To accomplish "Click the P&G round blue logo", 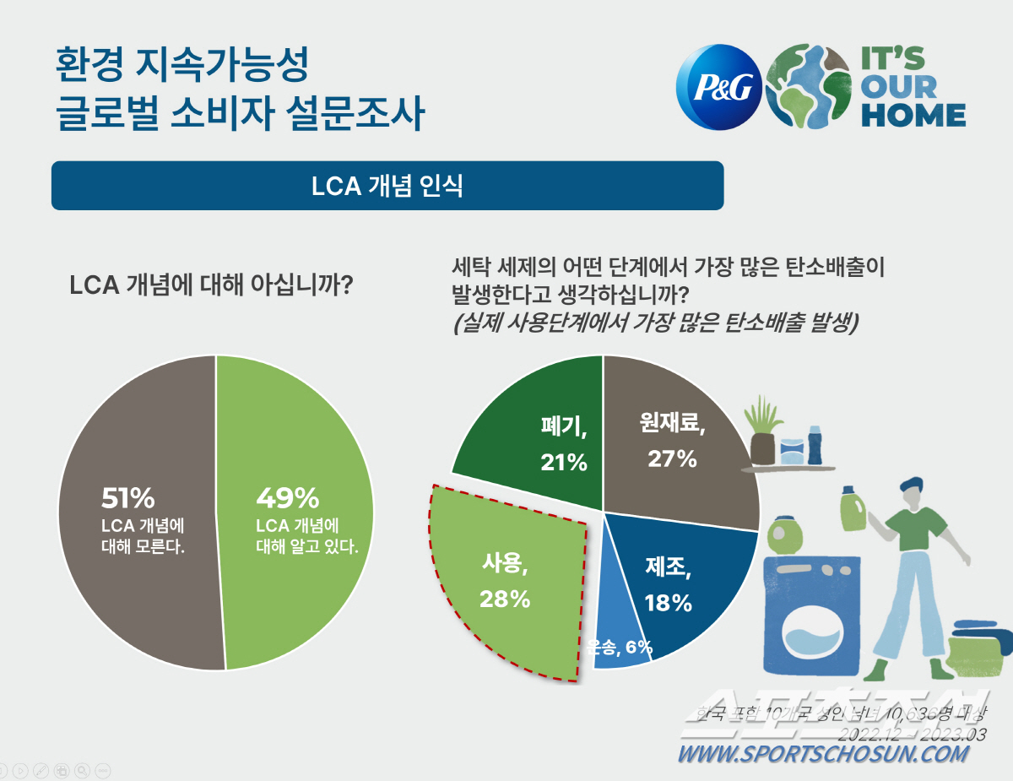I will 719,86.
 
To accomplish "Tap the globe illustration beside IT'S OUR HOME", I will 808,86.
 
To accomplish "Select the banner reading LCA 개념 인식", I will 387,186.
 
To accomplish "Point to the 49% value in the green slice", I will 287,496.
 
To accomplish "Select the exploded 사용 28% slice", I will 506,583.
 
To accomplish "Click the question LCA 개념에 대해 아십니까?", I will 210,285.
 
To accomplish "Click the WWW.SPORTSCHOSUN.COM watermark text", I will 823,754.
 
